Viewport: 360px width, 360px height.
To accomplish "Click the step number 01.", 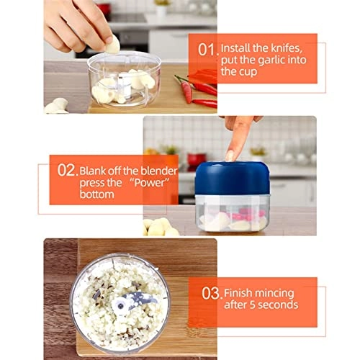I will pyautogui.click(x=207, y=50).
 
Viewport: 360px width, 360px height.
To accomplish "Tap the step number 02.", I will pyautogui.click(x=67, y=171).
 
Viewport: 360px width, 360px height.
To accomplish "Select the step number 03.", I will pyautogui.click(x=210, y=294).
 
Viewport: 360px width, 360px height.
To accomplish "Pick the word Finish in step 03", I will pyautogui.click(x=238, y=292).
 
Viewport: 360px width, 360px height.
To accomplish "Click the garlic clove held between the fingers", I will pyautogui.click(x=112, y=45).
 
